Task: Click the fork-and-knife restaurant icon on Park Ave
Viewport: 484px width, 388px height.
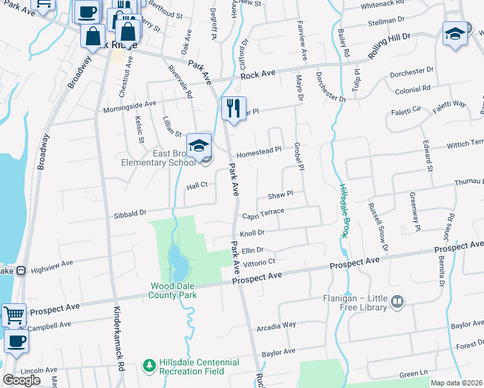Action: (234, 108)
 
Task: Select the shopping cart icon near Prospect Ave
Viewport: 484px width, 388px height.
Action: (14, 316)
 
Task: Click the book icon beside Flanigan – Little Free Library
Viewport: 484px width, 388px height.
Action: (397, 300)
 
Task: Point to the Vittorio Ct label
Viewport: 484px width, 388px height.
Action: (259, 263)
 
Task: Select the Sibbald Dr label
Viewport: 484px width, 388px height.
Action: (131, 211)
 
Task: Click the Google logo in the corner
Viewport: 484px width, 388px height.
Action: (21, 380)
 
